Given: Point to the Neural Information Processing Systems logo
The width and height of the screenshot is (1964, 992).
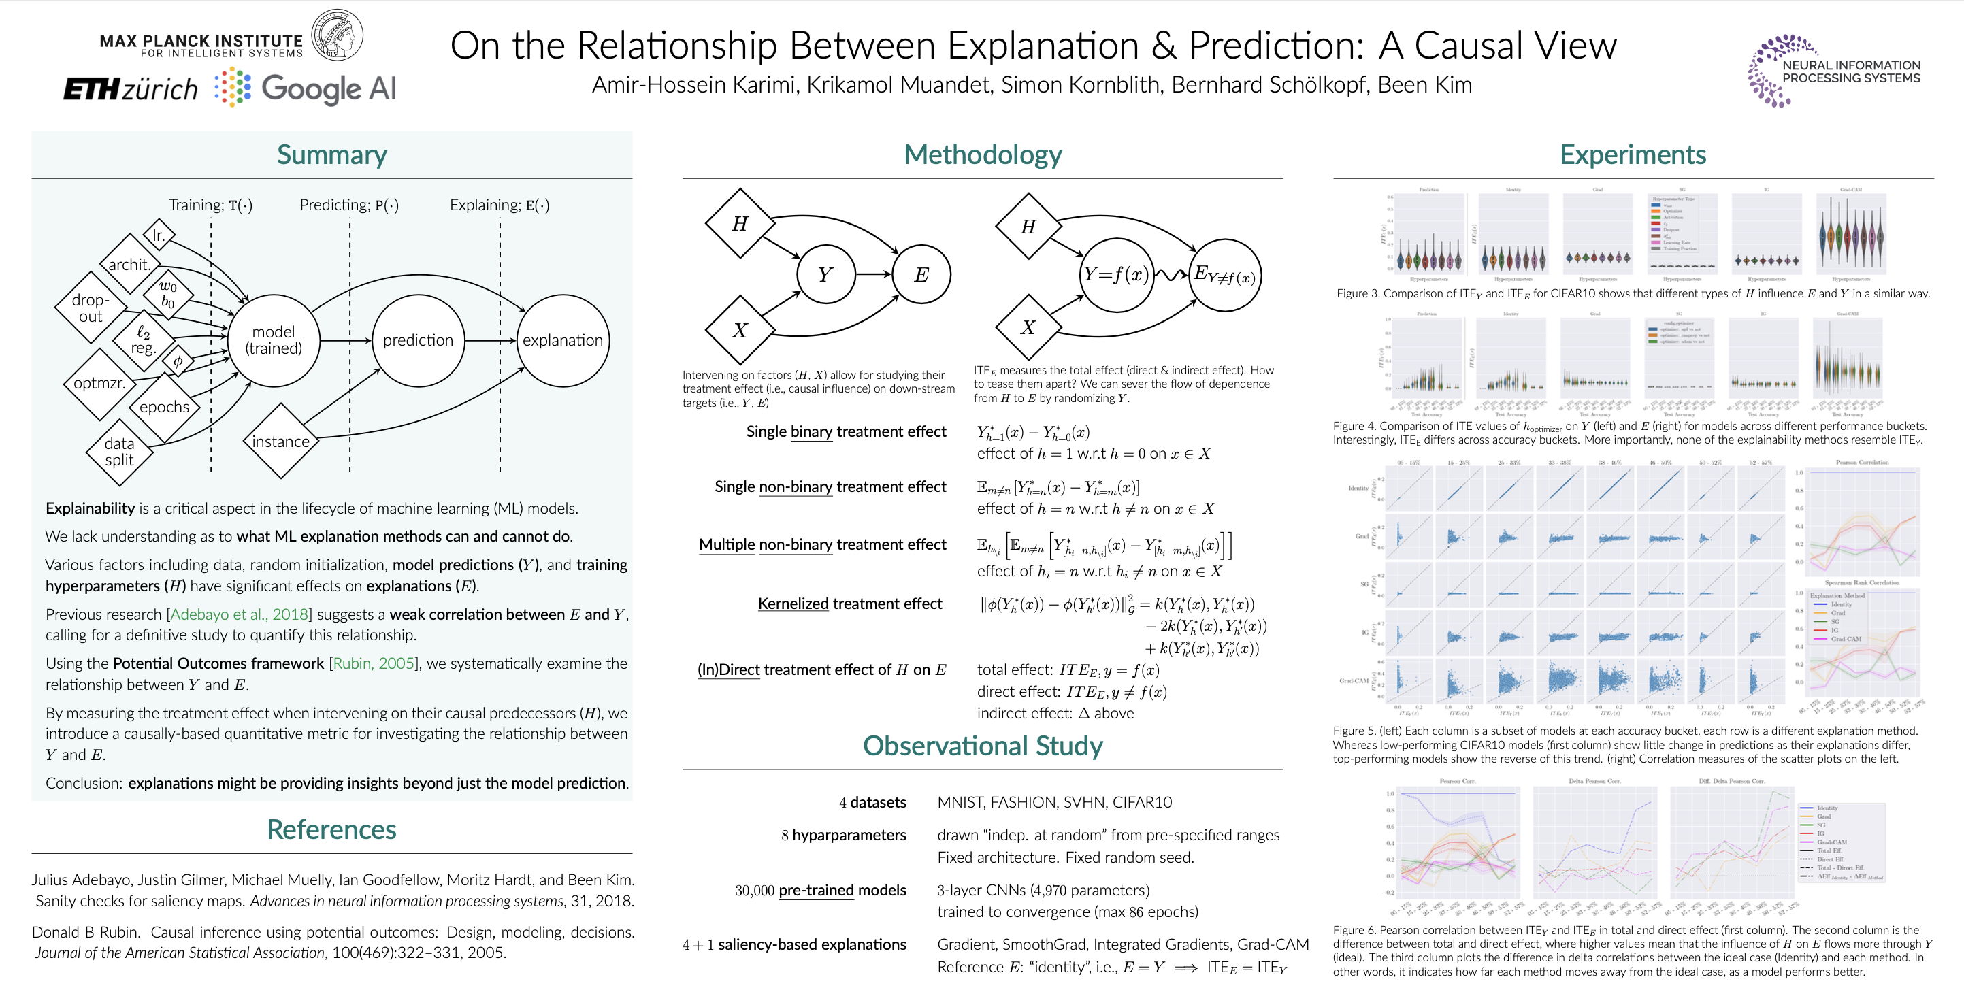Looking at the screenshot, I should (x=1833, y=71).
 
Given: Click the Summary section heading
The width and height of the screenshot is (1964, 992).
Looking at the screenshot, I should (x=331, y=154).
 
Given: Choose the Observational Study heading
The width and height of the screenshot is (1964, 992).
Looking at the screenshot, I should (x=982, y=746).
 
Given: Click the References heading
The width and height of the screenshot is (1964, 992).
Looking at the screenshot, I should (x=331, y=829).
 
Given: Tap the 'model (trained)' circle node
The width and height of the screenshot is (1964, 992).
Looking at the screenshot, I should (x=274, y=340).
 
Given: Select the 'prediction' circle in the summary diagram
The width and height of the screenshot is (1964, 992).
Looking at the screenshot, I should (x=418, y=340).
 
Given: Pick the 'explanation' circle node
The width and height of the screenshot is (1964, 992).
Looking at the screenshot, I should (x=563, y=340).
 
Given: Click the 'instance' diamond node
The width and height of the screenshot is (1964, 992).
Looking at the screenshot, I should (x=280, y=442).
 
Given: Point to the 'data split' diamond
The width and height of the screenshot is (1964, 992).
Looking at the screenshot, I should (x=120, y=452).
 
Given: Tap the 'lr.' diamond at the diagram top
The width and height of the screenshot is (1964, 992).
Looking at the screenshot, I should (x=159, y=235).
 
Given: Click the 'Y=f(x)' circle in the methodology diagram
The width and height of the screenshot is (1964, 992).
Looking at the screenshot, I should (x=1116, y=274).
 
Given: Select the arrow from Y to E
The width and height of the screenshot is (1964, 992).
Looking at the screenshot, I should (x=873, y=274).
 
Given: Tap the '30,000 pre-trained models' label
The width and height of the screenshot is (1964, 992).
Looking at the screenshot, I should (x=820, y=891).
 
